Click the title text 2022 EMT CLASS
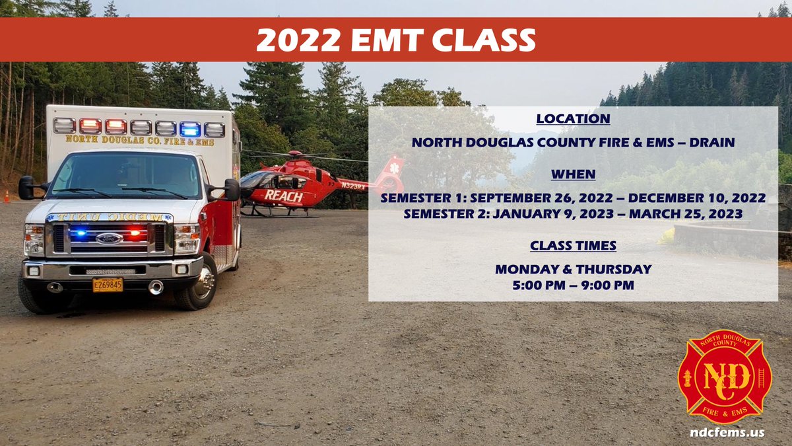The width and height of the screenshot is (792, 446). (x=395, y=40)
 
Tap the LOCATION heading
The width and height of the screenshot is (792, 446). (x=573, y=119)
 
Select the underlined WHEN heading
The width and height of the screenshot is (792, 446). (x=573, y=174)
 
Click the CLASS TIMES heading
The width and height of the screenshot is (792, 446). (x=573, y=246)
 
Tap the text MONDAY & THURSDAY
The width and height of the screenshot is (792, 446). (x=573, y=270)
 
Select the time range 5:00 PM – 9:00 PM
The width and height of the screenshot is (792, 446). (x=573, y=285)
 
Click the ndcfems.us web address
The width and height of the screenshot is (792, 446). (x=724, y=433)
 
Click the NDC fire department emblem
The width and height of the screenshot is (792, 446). (x=724, y=377)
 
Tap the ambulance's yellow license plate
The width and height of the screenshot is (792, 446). (x=107, y=285)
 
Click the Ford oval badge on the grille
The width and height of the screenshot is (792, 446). (x=109, y=238)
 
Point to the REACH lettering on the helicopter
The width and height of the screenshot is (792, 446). (x=283, y=196)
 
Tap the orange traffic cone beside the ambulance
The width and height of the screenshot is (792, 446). (x=7, y=197)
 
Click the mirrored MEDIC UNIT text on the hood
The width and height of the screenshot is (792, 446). (x=109, y=217)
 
